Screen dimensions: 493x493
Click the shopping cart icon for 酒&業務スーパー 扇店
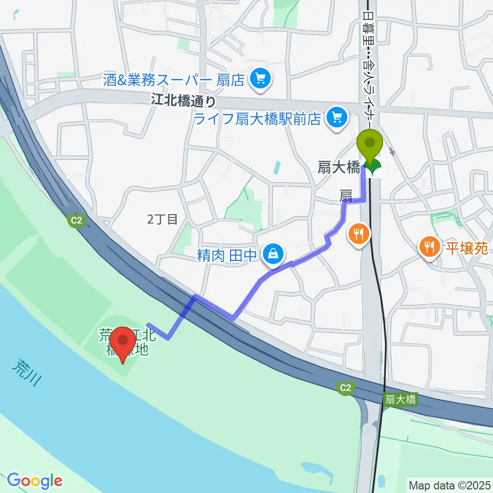(260, 79)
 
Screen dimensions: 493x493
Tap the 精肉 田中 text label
(226, 255)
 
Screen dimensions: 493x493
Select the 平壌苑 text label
(466, 249)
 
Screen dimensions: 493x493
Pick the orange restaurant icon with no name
(359, 234)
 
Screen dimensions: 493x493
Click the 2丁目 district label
(162, 219)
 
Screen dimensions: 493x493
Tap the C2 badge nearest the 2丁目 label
(76, 220)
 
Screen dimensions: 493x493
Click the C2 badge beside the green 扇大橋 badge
(346, 389)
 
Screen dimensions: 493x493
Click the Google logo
(34, 481)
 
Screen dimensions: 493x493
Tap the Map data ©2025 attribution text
(450, 484)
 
